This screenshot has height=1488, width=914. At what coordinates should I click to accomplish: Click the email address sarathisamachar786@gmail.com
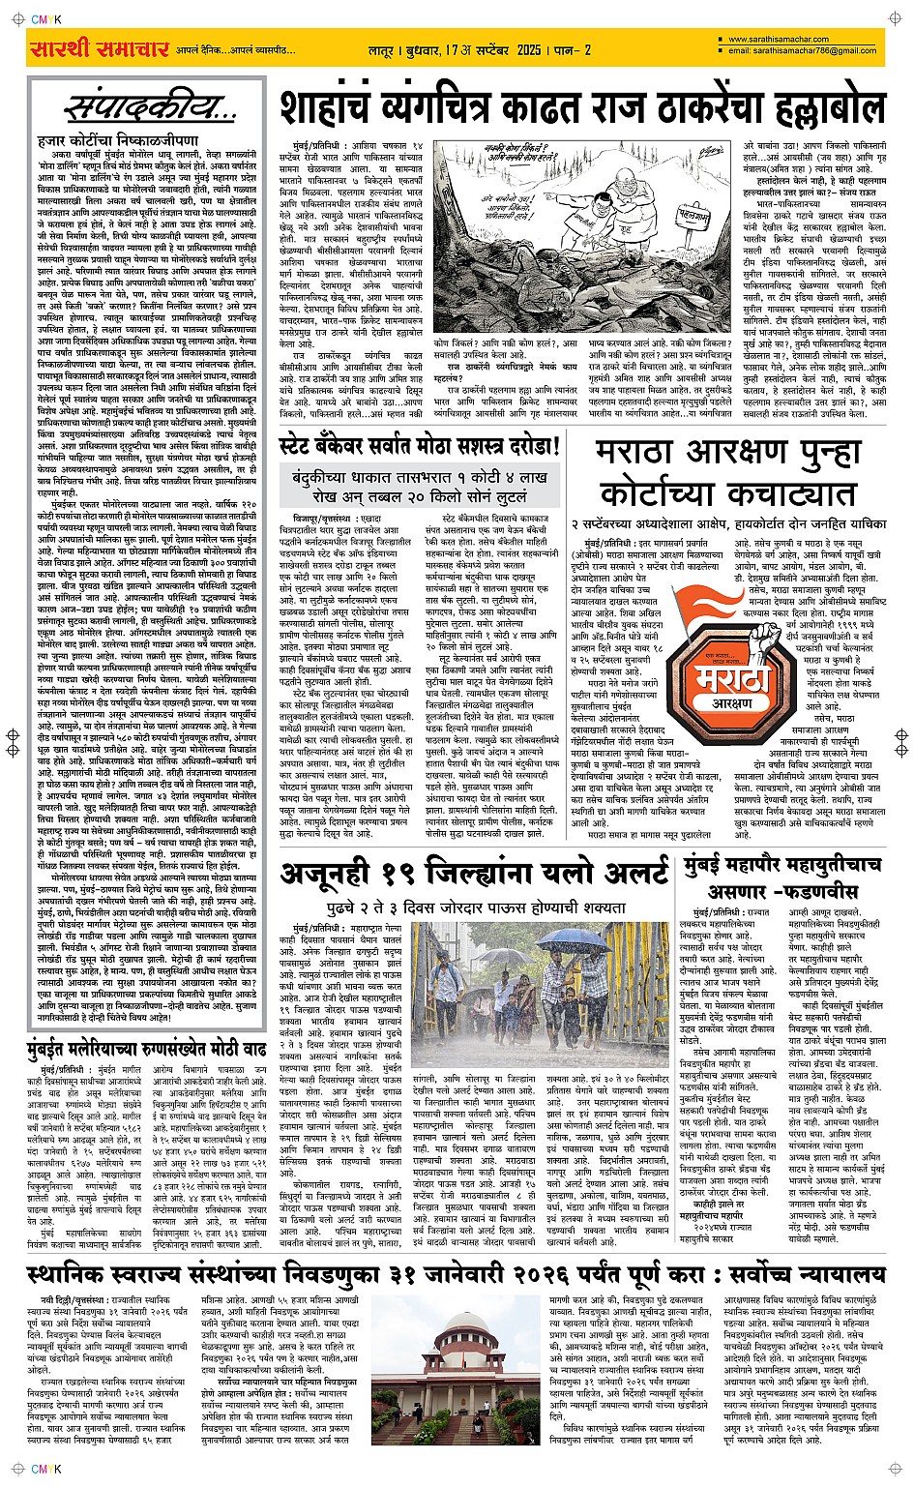pyautogui.click(x=802, y=50)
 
